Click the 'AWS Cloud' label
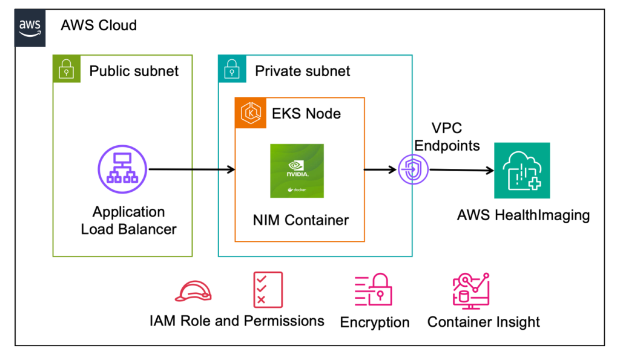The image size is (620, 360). pos(99,25)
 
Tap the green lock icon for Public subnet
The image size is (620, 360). pos(66,69)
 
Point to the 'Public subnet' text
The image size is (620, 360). pos(134,71)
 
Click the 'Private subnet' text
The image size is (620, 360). pos(302,71)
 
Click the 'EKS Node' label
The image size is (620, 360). pos(306,113)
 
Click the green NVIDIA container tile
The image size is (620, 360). pos(297,171)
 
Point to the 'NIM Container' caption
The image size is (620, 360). pos(300,220)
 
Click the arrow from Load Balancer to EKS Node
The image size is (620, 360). pos(191,170)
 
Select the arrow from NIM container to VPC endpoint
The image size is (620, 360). pos(380,170)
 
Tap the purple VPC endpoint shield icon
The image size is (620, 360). pos(413,171)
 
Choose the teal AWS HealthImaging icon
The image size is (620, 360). pos(521,170)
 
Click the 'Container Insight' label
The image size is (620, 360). pos(483,322)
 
